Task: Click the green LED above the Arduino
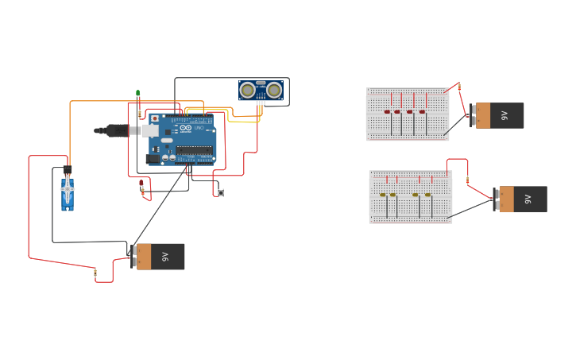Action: coord(138,94)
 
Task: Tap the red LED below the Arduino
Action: coord(141,183)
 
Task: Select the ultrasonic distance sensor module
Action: coord(261,91)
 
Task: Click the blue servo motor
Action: coord(68,192)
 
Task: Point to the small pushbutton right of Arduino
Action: coord(221,192)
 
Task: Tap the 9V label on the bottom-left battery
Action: coord(165,257)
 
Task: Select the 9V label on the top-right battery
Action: coord(504,115)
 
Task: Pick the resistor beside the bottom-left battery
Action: coord(95,273)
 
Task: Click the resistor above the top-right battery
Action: coord(459,87)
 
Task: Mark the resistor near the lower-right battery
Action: coord(468,180)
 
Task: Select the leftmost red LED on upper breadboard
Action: coord(388,112)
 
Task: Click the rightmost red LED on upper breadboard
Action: coord(422,112)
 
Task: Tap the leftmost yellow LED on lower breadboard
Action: coord(382,195)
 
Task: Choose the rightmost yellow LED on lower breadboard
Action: coord(427,195)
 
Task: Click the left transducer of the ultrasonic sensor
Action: coord(248,91)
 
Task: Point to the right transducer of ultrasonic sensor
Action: coord(274,91)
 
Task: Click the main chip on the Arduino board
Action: coord(194,150)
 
